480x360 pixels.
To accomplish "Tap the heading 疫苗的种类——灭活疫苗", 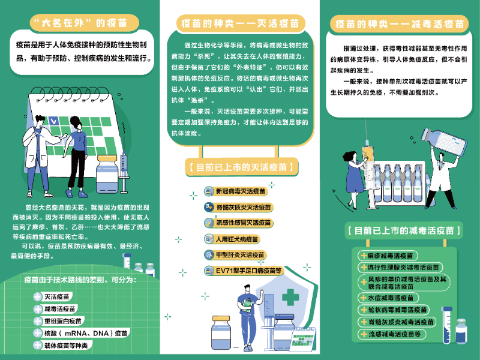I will pos(240,23).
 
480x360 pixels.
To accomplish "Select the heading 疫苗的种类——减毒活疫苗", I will pos(399,24).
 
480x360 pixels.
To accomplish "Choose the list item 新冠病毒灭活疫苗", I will pos(240,191).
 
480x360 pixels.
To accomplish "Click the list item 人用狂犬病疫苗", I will pos(237,239).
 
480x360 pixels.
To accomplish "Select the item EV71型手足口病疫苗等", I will pos(248,271).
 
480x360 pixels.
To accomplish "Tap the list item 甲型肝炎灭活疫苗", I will pos(240,255).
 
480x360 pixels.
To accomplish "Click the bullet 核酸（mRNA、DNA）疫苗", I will pos(84,332).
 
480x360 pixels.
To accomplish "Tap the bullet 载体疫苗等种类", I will pos(65,345).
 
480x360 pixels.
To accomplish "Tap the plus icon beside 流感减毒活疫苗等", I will pos(363,334).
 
